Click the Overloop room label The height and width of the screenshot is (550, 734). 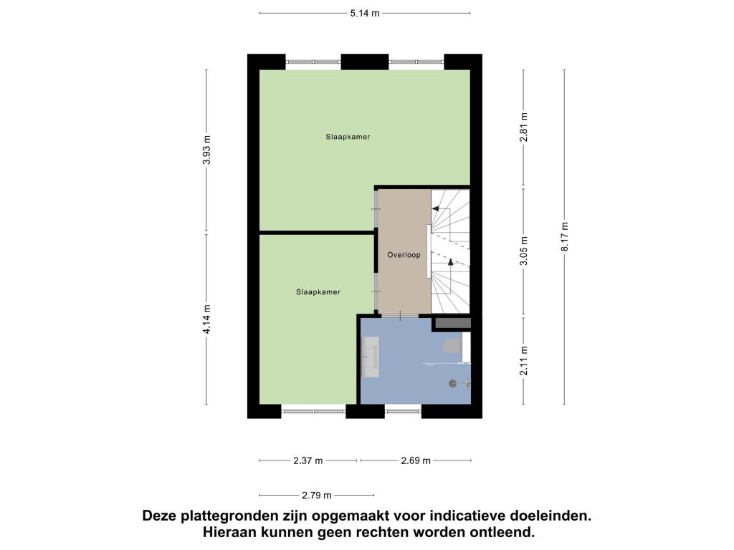pos(404,255)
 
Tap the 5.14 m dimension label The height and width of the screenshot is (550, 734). pos(365,13)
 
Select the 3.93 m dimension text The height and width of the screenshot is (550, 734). pos(206,150)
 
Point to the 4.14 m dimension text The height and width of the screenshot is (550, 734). pos(206,319)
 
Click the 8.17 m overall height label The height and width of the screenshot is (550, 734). pos(565,236)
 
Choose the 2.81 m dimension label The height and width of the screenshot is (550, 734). pos(524,127)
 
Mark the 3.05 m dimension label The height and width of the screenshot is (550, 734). pos(524,251)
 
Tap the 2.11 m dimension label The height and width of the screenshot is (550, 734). pos(524,360)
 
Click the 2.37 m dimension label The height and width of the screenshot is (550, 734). pos(308,460)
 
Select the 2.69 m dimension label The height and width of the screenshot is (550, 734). pos(416,460)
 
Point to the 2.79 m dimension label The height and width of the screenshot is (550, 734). pos(317,496)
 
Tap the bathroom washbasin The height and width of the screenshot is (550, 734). pos(371,357)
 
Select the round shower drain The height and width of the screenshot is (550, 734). pos(452,384)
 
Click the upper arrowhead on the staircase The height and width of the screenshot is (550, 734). pos(435,208)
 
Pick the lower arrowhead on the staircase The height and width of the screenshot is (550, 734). pos(450,262)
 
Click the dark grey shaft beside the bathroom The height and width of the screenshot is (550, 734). pos(453,323)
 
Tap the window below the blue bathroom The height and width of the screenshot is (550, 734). pos(403,412)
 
